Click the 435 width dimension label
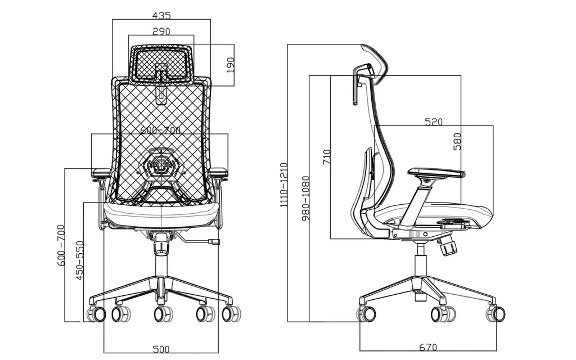click(161, 15)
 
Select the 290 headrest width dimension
click(161, 31)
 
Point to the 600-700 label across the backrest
click(161, 130)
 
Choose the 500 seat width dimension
click(161, 348)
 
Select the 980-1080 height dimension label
click(305, 198)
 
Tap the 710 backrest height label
click(326, 156)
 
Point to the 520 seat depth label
click(433, 121)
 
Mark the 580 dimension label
click(457, 141)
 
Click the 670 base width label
click(428, 348)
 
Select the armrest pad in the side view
click(436, 173)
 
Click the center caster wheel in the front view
click(163, 313)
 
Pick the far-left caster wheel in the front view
click(97, 313)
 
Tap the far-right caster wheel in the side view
click(496, 313)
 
